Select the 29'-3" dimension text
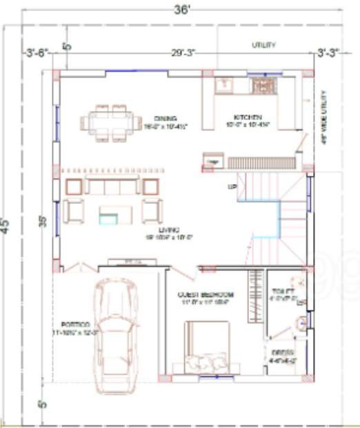coord(182,53)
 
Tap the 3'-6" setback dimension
coord(36,53)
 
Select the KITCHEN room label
coord(246,117)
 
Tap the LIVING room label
coord(170,230)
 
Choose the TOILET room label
coord(279,291)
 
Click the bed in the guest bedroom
coord(207,348)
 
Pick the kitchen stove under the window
coord(263,86)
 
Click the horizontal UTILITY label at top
coord(264,45)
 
